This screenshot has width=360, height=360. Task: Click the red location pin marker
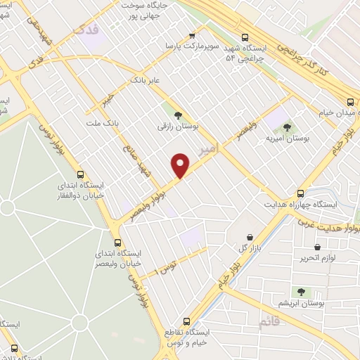[181, 166]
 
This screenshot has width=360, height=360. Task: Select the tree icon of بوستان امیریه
[287, 127]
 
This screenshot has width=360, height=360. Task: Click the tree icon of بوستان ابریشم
[301, 292]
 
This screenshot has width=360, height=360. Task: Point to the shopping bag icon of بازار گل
[250, 237]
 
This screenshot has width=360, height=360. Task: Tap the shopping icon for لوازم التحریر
[318, 247]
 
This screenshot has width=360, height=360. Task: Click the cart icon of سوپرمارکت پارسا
[192, 36]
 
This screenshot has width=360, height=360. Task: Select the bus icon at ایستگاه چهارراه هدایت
[301, 193]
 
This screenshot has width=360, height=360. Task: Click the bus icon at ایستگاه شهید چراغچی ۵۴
[245, 38]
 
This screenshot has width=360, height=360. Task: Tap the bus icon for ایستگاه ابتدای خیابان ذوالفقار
[79, 173]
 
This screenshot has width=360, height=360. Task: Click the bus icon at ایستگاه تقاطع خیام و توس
[186, 319]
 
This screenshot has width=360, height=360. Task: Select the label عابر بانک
[146, 81]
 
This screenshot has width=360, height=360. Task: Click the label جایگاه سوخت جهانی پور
[146, 10]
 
